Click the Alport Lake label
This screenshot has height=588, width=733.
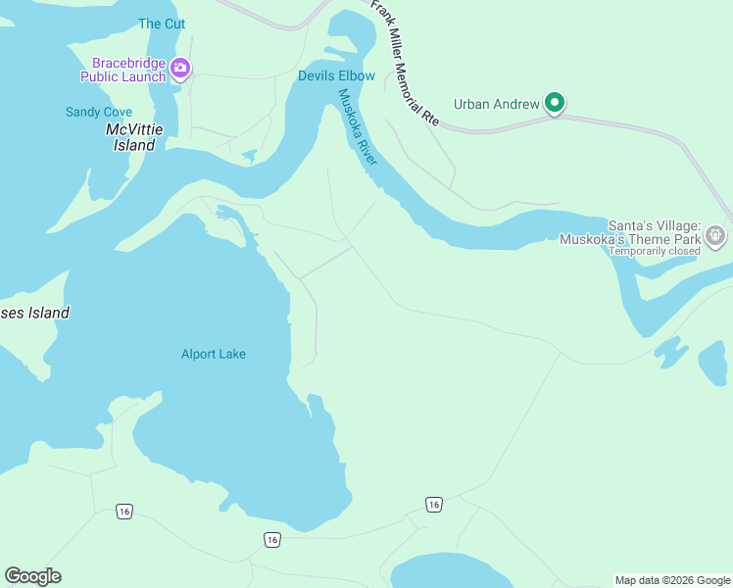[213, 354]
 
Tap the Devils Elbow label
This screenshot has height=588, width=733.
[336, 75]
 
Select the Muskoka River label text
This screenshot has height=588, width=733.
[358, 127]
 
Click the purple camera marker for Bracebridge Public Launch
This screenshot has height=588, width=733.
[180, 68]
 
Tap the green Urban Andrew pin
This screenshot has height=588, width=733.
[555, 102]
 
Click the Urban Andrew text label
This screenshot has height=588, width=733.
[496, 104]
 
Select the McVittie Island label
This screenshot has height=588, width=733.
[130, 137]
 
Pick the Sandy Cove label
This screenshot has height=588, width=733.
[98, 112]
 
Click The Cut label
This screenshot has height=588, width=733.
[162, 24]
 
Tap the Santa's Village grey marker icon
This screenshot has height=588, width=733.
[716, 235]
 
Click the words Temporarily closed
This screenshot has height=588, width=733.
[654, 251]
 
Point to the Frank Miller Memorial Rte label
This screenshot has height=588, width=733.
[404, 62]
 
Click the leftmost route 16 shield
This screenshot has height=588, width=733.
[123, 512]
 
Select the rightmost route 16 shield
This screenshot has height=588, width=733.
[434, 504]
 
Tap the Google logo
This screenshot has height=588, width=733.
[32, 576]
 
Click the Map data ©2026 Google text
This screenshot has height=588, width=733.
[672, 580]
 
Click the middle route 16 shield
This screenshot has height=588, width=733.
[272, 540]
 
